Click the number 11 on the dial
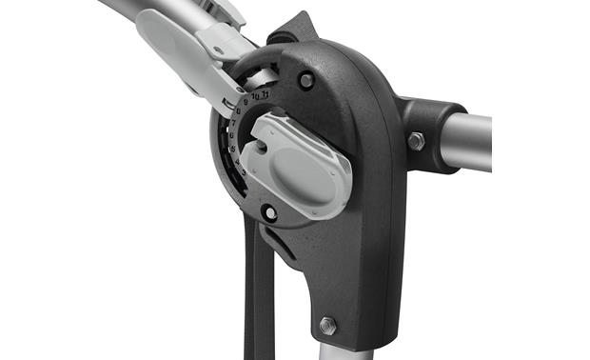pyautogui.click(x=267, y=93)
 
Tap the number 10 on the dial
pyautogui.click(x=256, y=94)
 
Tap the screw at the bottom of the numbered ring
pyautogui.click(x=270, y=213)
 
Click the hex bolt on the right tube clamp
pyautogui.click(x=416, y=141)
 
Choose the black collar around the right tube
pyautogui.click(x=428, y=133)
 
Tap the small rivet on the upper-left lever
pyautogui.click(x=219, y=50)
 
